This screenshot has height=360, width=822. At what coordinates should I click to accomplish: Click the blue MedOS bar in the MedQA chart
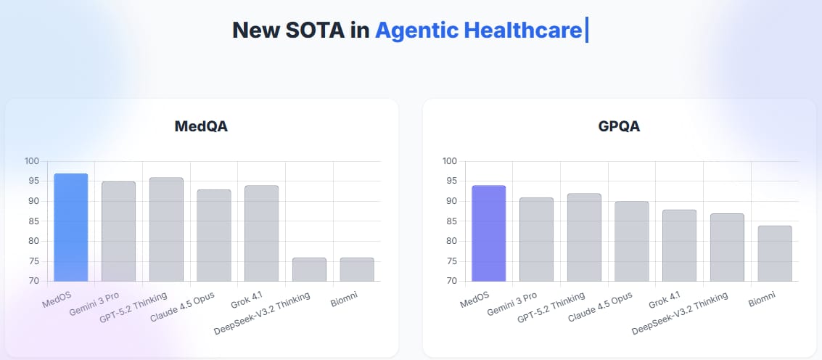click(71, 227)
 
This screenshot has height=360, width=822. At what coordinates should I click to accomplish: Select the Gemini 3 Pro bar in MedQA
click(118, 232)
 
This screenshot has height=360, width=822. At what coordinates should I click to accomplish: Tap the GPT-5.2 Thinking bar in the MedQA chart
click(166, 229)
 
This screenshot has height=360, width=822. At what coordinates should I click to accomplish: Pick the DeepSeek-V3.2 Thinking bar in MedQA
click(309, 269)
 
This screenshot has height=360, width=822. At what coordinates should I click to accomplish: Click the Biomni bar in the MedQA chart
click(357, 269)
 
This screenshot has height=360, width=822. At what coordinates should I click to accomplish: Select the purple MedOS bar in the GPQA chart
click(489, 233)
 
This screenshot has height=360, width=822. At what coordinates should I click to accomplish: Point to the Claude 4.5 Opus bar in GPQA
click(632, 241)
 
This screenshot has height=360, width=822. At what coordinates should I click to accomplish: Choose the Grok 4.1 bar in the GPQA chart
click(679, 245)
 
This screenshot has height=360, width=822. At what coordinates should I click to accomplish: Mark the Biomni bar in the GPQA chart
click(775, 253)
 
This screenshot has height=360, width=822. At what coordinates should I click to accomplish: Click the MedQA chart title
click(201, 127)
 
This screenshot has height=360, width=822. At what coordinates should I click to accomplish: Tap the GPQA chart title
click(619, 127)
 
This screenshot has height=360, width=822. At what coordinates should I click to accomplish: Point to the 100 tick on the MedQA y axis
click(33, 161)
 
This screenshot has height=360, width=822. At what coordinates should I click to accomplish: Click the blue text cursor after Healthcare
click(586, 30)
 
